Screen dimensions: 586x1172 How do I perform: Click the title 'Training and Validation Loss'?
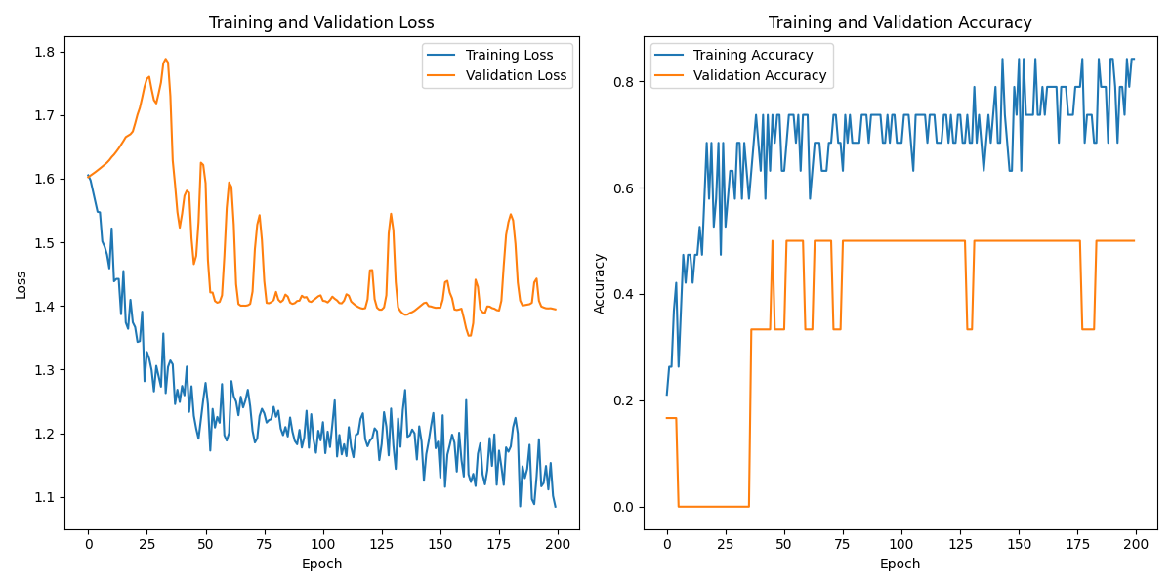pos(322,22)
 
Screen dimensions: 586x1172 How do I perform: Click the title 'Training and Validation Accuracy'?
pos(900,22)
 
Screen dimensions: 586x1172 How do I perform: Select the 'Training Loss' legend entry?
pos(509,55)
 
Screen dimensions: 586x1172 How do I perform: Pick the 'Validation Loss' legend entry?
pos(516,75)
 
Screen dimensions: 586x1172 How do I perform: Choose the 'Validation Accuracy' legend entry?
pos(760,75)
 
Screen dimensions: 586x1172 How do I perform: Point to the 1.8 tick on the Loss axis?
pos(46,52)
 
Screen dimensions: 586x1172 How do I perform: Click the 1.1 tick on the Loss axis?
pos(46,497)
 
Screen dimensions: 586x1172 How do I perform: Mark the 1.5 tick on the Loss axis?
pos(46,242)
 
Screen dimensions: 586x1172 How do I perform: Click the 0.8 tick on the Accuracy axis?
pos(624,82)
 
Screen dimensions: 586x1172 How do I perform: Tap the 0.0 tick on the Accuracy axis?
pos(624,507)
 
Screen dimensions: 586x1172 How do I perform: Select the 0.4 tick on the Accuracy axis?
pos(624,294)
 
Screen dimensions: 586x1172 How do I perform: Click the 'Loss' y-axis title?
pos(21,284)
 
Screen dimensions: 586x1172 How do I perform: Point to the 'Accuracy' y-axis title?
pos(600,284)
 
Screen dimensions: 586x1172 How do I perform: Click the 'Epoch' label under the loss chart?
pos(322,564)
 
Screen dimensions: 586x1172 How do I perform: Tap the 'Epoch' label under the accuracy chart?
pos(900,564)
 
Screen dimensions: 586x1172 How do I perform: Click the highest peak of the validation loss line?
pos(166,59)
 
